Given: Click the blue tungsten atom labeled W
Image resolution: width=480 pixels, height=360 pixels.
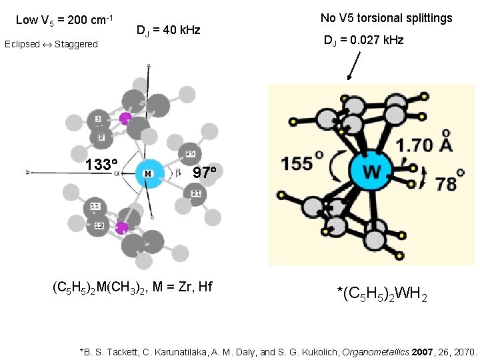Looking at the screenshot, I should click(371, 172).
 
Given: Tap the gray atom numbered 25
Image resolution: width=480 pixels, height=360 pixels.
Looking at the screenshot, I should click(190, 154).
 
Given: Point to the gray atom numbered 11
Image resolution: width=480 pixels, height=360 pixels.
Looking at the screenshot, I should click(96, 207).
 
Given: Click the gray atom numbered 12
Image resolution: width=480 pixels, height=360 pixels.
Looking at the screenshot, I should click(99, 226).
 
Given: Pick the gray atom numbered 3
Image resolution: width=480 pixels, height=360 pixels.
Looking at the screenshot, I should click(97, 119).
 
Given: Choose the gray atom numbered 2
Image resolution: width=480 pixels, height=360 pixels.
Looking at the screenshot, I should click(101, 137).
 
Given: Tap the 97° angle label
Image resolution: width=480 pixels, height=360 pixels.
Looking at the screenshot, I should click(205, 173).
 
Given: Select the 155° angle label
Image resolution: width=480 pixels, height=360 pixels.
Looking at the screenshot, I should click(302, 163).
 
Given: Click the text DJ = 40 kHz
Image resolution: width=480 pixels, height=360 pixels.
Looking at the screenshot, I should click(168, 30).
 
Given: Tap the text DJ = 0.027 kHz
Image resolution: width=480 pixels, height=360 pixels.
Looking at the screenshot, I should click(363, 40).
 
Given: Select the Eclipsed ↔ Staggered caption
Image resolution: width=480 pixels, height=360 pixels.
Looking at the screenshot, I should click(51, 45).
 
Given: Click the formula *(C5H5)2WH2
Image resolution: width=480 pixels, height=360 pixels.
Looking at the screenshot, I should click(382, 292).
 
